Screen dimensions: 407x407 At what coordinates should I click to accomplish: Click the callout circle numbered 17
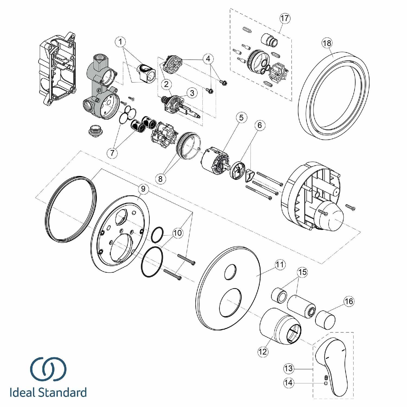tap(285, 18)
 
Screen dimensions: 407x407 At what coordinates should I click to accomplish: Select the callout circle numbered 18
tap(327, 43)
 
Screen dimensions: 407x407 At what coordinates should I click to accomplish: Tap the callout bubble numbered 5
tap(241, 117)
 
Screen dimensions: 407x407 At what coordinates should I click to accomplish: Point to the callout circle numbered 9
tap(143, 189)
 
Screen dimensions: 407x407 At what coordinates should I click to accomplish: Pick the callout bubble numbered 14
tap(289, 383)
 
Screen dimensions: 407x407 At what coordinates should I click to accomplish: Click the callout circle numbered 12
tap(263, 352)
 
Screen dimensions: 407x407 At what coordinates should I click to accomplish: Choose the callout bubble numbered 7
tap(112, 153)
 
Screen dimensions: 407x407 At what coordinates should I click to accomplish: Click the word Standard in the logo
tap(62, 393)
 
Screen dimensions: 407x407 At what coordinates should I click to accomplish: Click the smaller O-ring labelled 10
tap(157, 235)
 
